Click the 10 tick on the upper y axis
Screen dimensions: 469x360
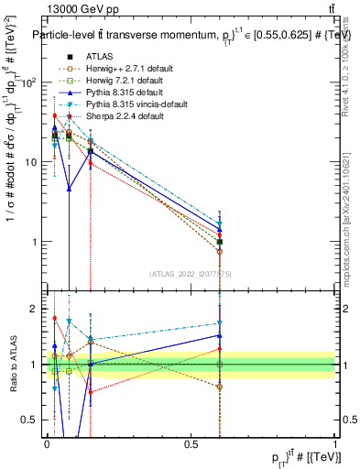tap(32, 162)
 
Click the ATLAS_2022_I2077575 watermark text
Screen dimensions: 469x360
tap(190, 274)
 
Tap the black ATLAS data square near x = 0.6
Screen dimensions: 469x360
tap(219, 242)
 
